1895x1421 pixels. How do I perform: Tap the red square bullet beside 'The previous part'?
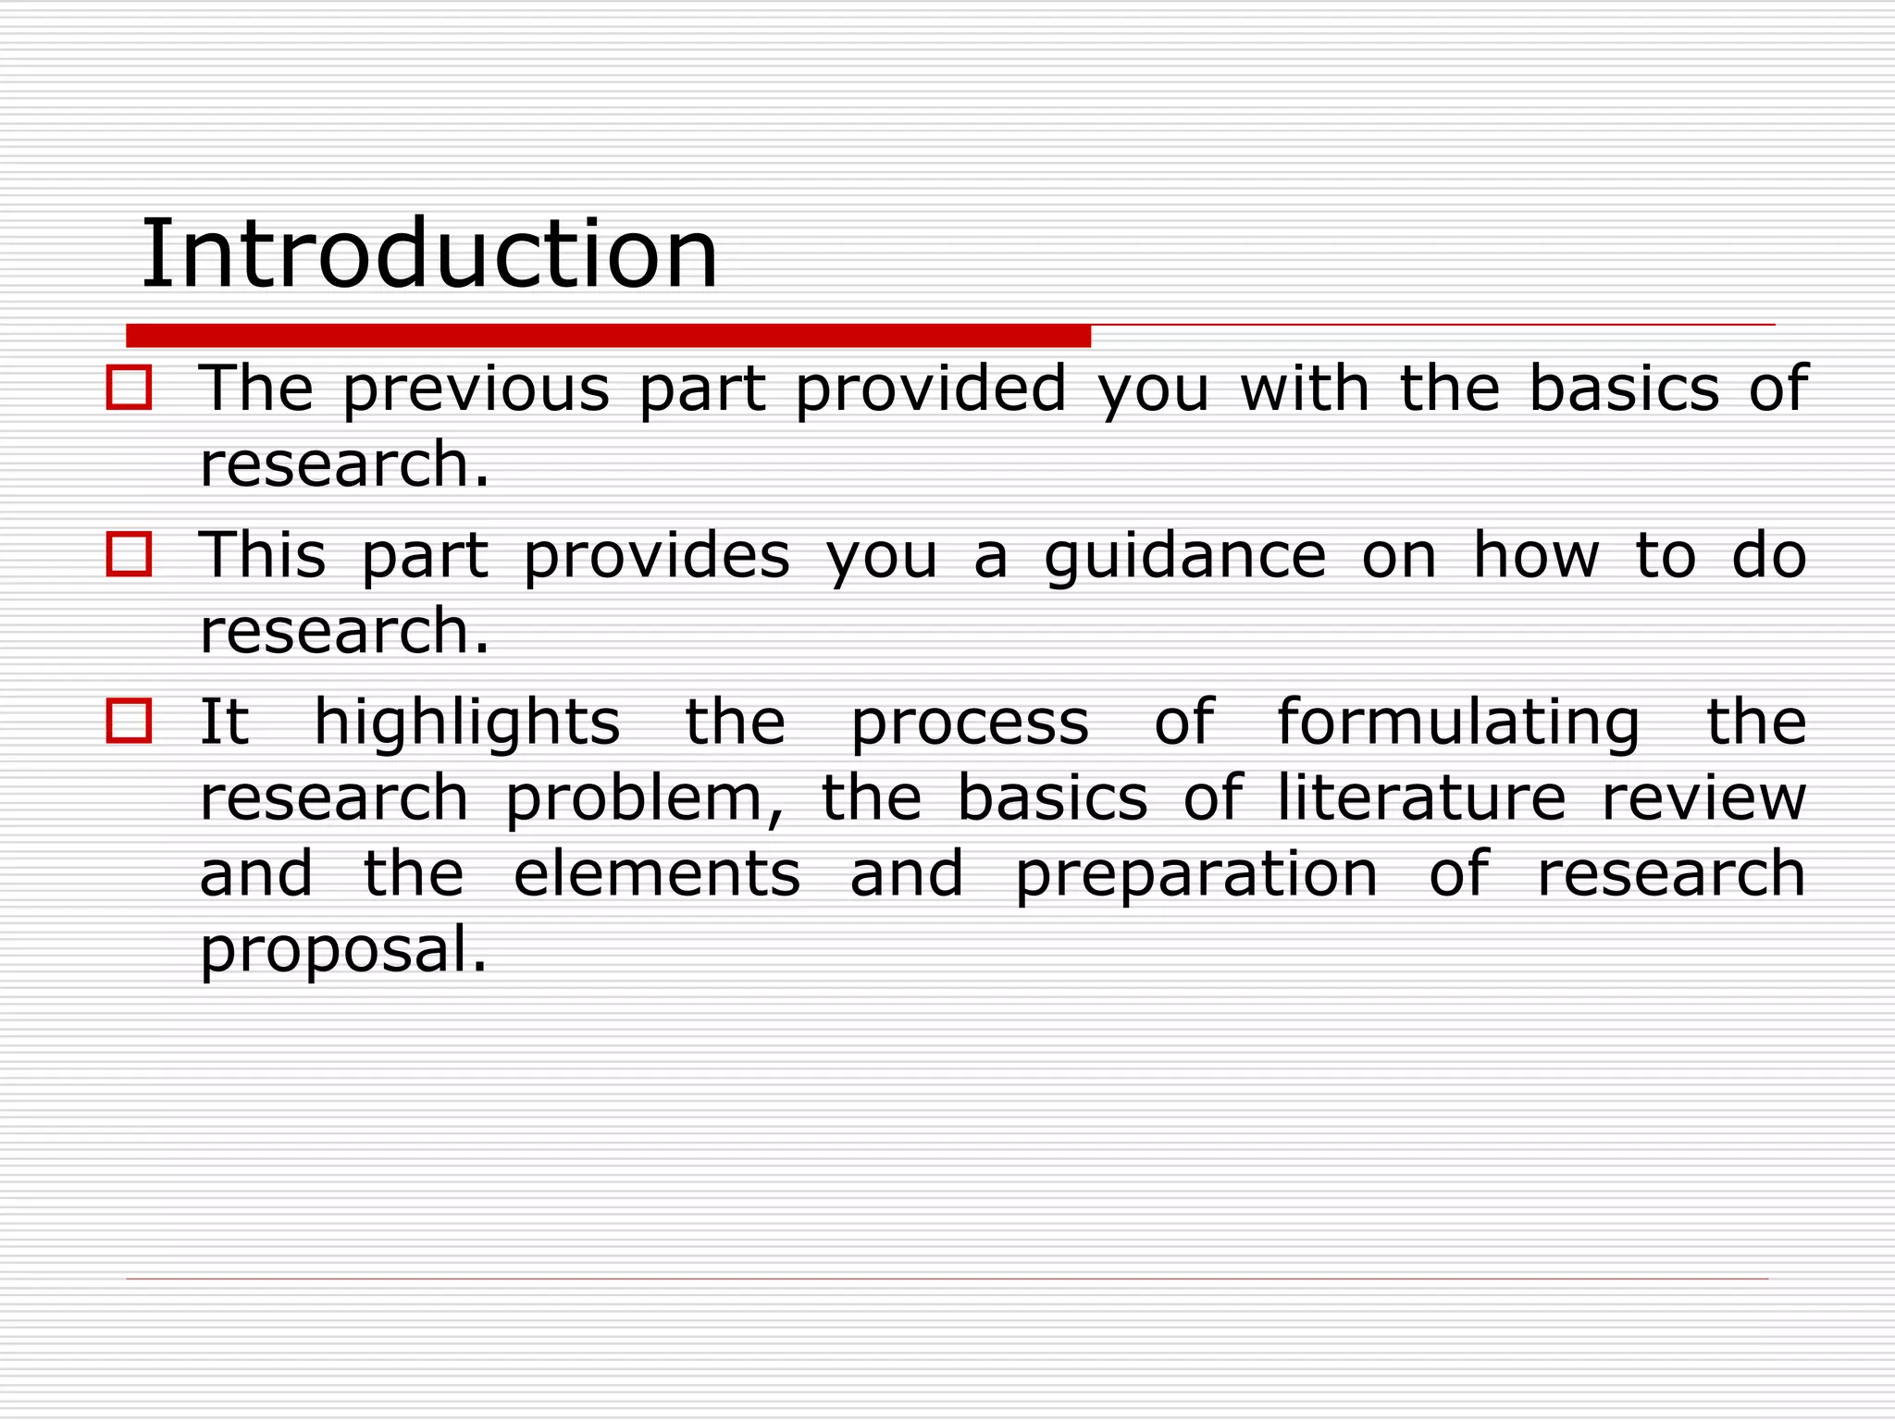point(129,388)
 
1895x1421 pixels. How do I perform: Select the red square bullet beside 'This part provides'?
point(129,554)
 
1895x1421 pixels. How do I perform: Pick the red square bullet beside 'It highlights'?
point(129,721)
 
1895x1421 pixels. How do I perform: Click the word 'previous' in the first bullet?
point(476,389)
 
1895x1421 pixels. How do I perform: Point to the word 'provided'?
point(931,389)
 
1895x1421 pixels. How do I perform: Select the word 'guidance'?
point(1185,558)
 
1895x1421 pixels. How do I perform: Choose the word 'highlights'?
point(467,724)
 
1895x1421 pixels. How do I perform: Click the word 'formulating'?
point(1458,724)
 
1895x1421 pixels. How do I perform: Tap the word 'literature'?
point(1422,798)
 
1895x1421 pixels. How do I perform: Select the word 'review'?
point(1703,798)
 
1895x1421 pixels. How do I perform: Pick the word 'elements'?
point(657,874)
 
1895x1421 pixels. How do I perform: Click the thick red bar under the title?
point(608,336)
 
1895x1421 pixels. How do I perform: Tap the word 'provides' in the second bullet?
point(657,558)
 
